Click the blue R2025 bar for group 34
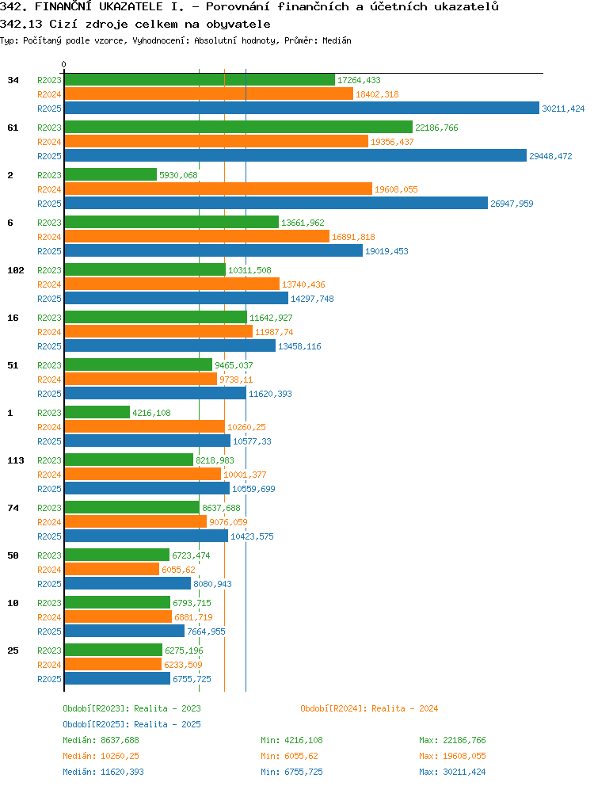pos(302,109)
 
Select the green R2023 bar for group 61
pos(238,128)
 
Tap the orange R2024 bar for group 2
pos(219,189)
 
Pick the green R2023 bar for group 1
pos(97,413)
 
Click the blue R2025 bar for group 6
pos(214,251)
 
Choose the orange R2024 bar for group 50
pos(112,570)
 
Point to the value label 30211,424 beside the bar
pos(563,109)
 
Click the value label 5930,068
pos(178,175)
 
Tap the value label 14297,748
pos(312,299)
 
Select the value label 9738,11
pos(236,380)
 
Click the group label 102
pos(16,270)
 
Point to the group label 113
pos(16,460)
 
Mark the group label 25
pos(13,651)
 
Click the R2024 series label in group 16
pos(49,332)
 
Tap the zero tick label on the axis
pos(63,65)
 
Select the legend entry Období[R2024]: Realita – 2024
pos(369,708)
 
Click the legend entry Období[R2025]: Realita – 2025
pos(131,724)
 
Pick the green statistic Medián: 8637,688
pos(101,740)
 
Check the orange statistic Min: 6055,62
pos(289,756)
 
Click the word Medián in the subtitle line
pos(337,40)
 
